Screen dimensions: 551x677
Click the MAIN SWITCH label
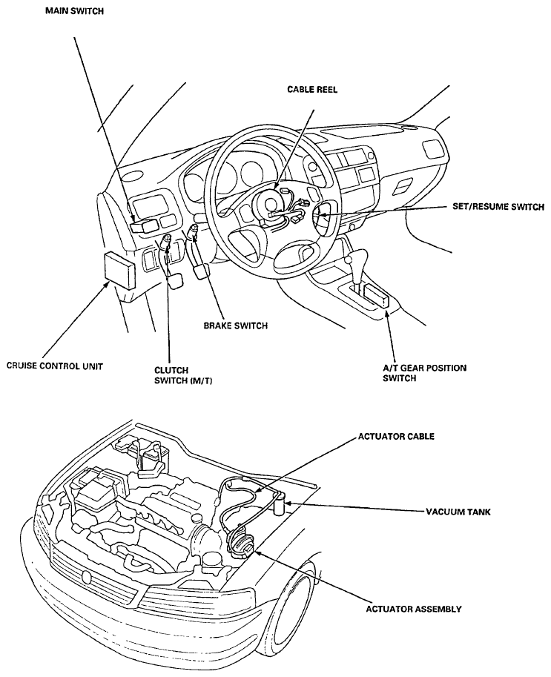74,11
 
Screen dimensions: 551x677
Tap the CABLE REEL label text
312,90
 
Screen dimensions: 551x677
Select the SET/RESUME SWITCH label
498,207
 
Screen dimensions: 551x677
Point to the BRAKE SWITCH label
235,326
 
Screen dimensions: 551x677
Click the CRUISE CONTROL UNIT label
55,366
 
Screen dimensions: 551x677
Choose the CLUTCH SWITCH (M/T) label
183,376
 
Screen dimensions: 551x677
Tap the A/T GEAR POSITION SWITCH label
425,373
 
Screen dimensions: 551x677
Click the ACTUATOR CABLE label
396,436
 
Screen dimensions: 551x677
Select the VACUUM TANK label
458,512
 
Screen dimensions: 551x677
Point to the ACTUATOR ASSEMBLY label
414,609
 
